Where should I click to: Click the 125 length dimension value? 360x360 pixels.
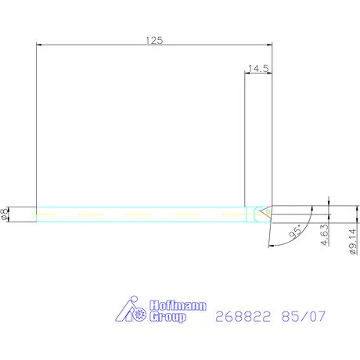(x=154, y=41)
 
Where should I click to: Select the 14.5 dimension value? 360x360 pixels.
(x=257, y=69)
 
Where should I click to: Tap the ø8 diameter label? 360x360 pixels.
(x=7, y=214)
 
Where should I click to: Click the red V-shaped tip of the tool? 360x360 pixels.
(x=268, y=211)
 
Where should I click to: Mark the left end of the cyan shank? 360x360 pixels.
(x=37, y=214)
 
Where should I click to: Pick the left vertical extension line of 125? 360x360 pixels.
(x=37, y=125)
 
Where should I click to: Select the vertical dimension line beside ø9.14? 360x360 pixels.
(x=329, y=227)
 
